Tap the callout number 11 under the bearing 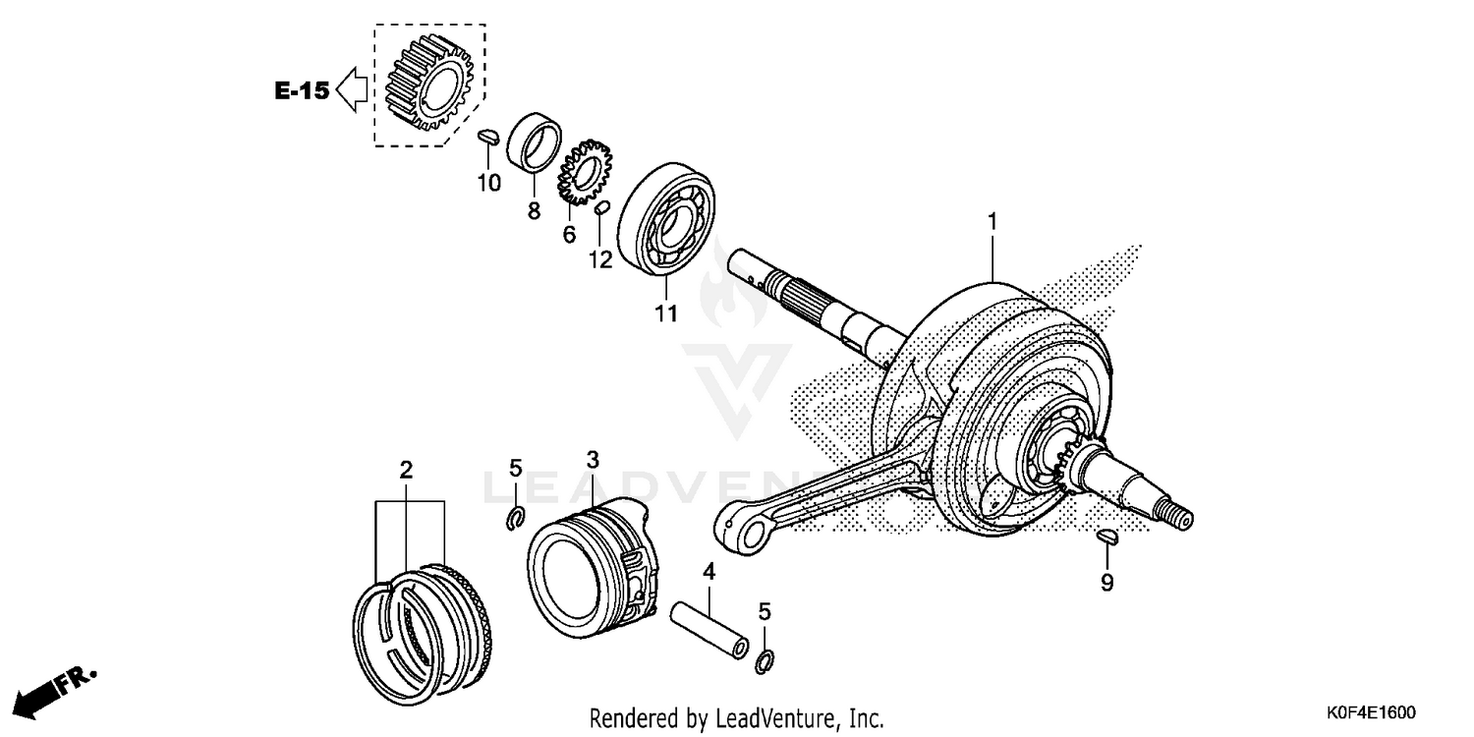(666, 313)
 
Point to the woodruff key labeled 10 (488, 138)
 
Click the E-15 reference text (301, 91)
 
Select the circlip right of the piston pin (765, 662)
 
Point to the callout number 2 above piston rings (405, 470)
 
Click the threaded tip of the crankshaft (1176, 513)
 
